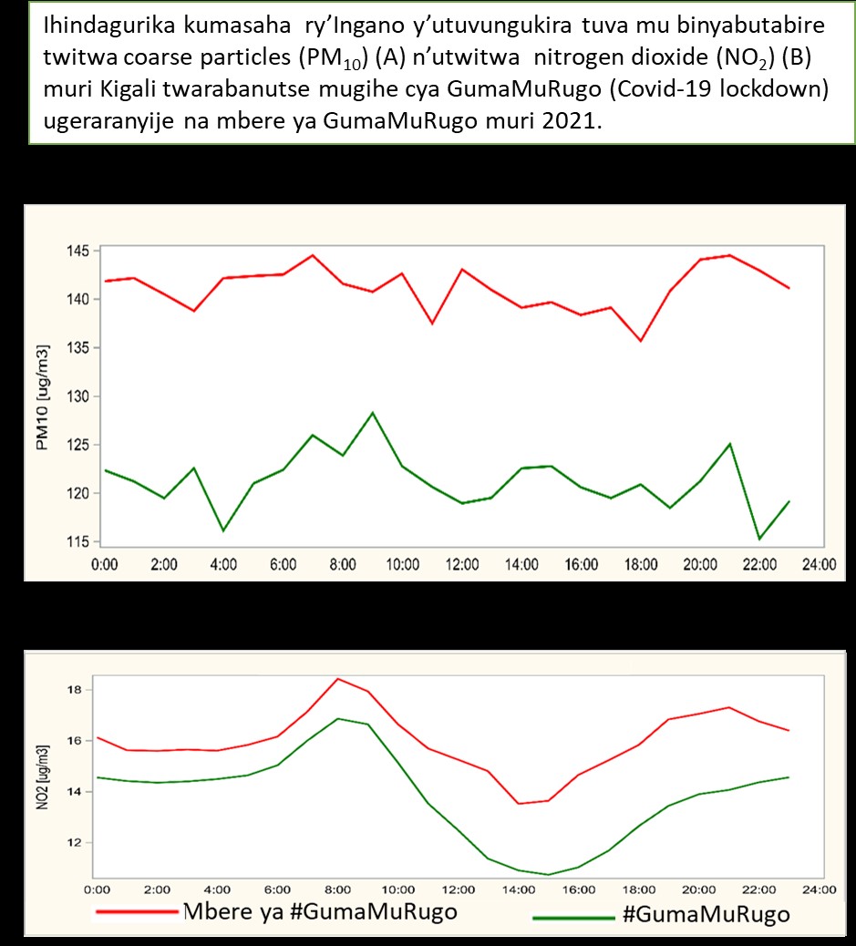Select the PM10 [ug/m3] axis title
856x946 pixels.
pos(42,397)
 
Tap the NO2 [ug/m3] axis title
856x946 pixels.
pos(42,777)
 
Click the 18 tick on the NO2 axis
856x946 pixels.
pos(74,690)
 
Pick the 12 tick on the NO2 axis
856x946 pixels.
pos(74,843)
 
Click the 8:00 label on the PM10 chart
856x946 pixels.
pos(343,565)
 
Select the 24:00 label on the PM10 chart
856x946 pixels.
pos(820,565)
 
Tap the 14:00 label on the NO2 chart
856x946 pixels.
pos(519,889)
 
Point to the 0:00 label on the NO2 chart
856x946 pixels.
pos(98,889)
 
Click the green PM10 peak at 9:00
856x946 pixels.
pos(373,413)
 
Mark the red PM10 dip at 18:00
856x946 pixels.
pos(641,341)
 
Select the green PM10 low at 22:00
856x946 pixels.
pos(759,539)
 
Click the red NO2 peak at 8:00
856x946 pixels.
pos(338,679)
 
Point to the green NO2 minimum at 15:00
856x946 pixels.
pos(548,874)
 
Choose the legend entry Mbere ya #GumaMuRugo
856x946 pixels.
pos(276,911)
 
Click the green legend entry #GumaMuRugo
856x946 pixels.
pos(662,915)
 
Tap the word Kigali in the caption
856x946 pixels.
pos(127,88)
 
